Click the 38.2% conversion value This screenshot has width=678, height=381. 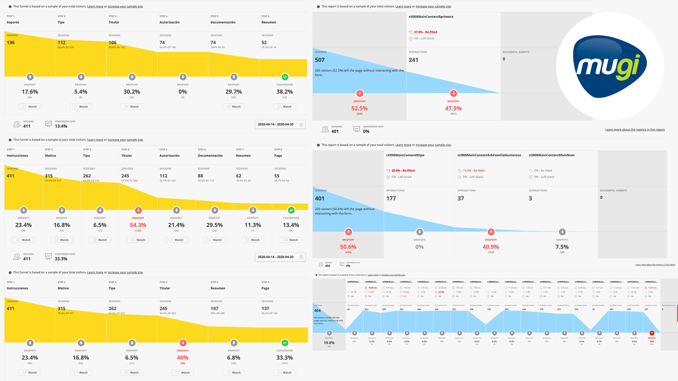pos(284,92)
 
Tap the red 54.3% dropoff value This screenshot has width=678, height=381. pos(138,225)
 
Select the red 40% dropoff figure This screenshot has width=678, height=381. pos(183,358)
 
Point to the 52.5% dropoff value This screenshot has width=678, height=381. pos(359,108)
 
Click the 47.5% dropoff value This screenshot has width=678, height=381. pos(453,108)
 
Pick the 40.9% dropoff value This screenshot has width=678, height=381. pos(491,247)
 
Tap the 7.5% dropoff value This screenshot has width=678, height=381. pos(562,247)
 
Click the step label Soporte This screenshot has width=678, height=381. pos(13,22)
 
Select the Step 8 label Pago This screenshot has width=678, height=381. pos(278,156)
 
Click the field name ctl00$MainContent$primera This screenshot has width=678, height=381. pos(431,17)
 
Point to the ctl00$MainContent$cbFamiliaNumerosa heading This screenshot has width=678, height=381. pos(489,155)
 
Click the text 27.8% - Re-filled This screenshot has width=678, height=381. pos(425,32)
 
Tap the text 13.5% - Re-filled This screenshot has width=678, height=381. pos(473,171)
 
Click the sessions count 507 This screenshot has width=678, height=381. pos(320,60)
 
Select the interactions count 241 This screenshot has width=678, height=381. pos(413,60)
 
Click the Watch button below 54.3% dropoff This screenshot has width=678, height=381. pos(138,240)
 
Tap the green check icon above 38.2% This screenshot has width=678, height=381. pos(285,77)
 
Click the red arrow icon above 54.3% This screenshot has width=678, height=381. pos(138,210)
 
